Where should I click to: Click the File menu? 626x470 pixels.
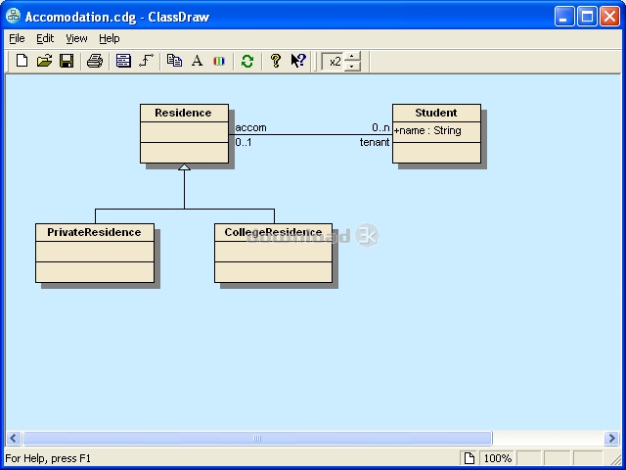(17, 38)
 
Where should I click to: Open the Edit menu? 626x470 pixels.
(45, 38)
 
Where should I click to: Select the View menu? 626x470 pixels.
(76, 38)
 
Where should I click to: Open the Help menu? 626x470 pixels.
(109, 39)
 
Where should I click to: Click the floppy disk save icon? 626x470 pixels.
(67, 61)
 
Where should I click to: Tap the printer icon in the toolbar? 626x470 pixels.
(95, 61)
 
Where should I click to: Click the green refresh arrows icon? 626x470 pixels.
(247, 61)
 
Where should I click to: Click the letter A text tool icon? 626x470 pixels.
(197, 61)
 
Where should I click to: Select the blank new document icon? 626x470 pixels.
(22, 61)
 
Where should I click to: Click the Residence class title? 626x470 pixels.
(183, 113)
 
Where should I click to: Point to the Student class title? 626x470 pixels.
(436, 113)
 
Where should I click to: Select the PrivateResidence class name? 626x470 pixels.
(94, 232)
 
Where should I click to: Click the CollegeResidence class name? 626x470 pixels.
(273, 232)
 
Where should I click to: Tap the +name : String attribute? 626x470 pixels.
(427, 130)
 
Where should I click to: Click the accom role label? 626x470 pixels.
(250, 127)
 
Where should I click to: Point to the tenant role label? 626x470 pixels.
(375, 142)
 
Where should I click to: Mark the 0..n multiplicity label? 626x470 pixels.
(380, 127)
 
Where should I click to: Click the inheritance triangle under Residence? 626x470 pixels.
(184, 167)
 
